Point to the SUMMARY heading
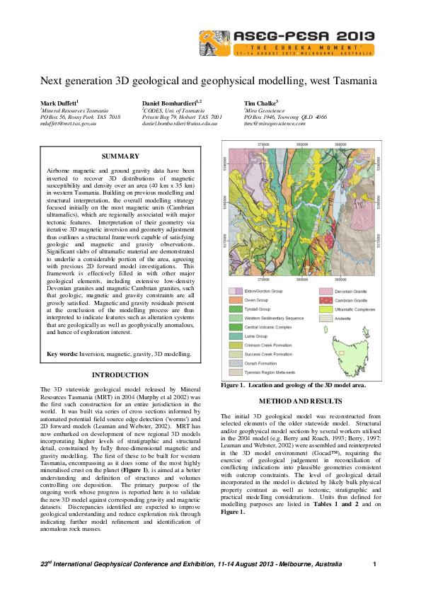pyautogui.click(x=120, y=156)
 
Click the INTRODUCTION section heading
pyautogui.click(x=120, y=374)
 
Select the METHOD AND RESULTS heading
pyautogui.click(x=302, y=402)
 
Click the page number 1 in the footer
pyautogui.click(x=374, y=563)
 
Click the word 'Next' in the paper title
pyautogui.click(x=52, y=81)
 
